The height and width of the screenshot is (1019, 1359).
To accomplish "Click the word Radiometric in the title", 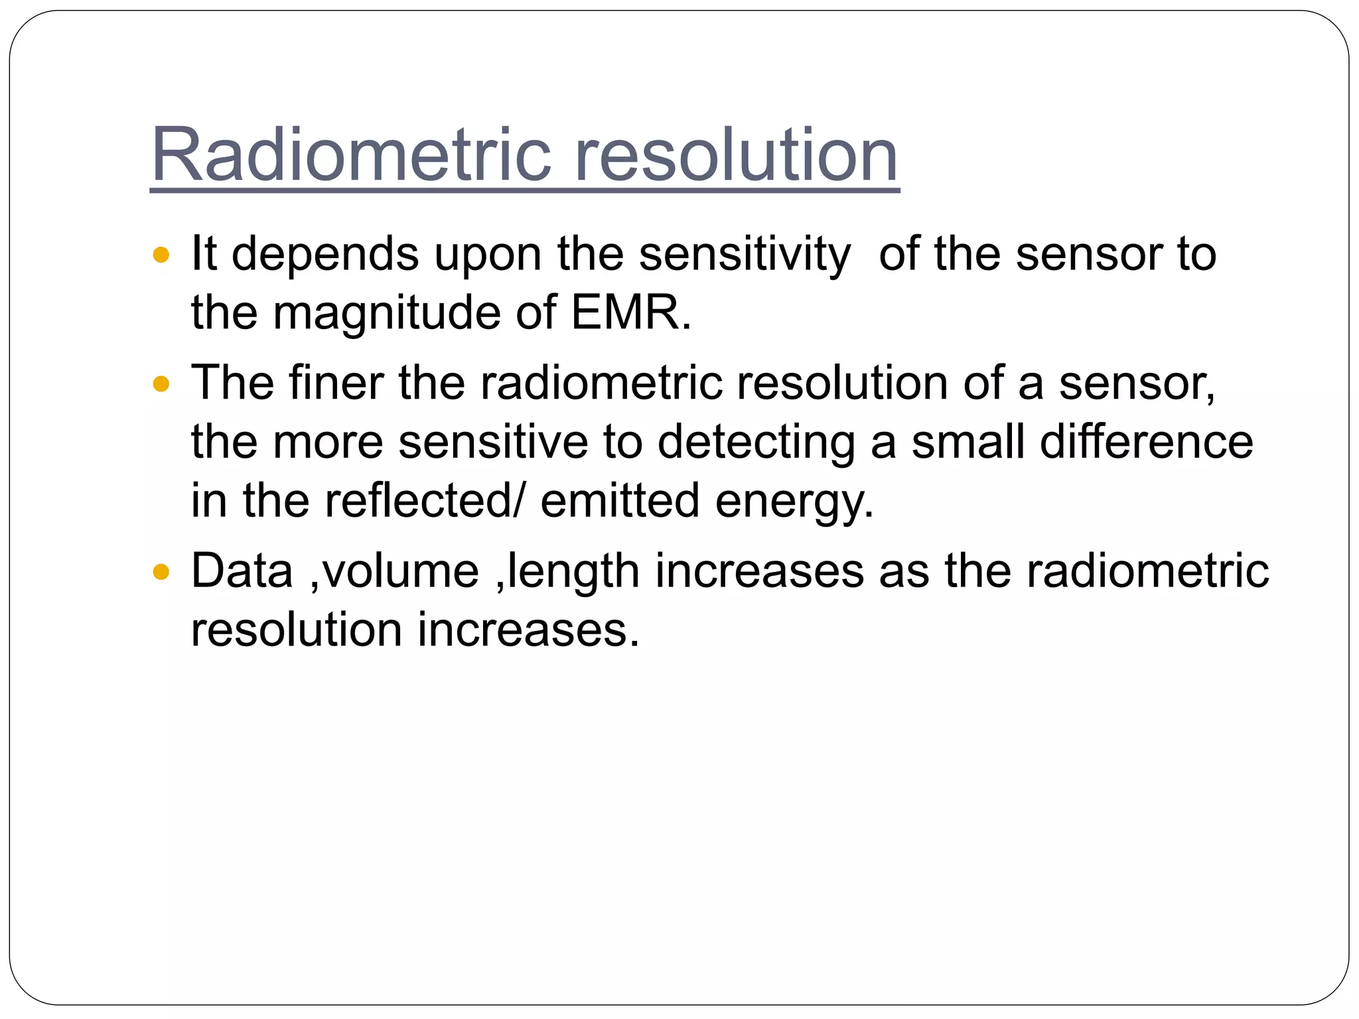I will tap(352, 155).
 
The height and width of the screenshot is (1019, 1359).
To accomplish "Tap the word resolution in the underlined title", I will tap(736, 155).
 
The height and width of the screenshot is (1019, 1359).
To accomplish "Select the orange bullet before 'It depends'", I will tap(161, 254).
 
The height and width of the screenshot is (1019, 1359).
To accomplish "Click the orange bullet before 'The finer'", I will tap(161, 383).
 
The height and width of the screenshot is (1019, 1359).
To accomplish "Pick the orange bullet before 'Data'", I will tap(161, 571).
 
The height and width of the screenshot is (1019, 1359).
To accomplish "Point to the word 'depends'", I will tap(325, 255).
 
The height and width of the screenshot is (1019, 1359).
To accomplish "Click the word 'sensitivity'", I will tap(744, 255).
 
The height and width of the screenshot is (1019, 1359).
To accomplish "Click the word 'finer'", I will tap(336, 383).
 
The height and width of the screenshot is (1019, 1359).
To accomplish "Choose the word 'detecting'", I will tap(756, 443).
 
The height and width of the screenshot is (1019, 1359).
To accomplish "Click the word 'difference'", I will tap(1147, 442).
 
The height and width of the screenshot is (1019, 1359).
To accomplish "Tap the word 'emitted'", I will tap(620, 500).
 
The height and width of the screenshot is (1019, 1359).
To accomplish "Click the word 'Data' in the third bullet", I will tap(242, 571).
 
